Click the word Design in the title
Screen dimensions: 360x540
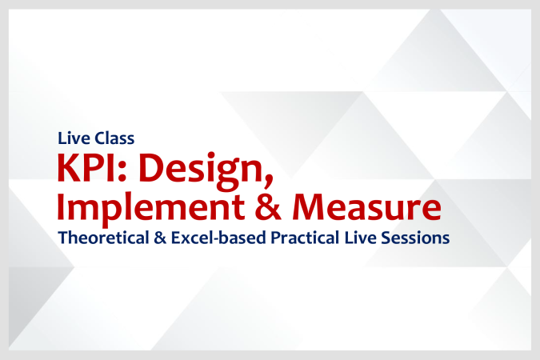185,170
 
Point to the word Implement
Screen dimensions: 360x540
136,207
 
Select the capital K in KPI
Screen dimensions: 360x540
66,170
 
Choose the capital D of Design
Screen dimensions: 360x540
143,170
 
